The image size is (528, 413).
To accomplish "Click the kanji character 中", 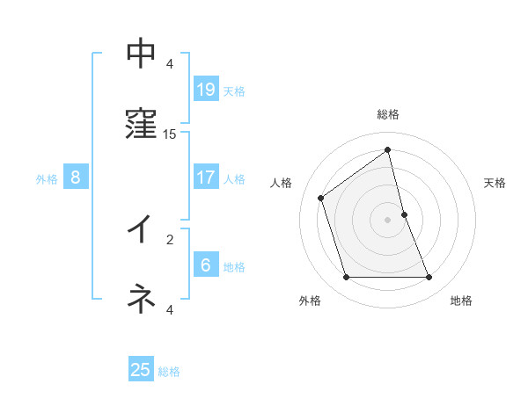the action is coord(141,54).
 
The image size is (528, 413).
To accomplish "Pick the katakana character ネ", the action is coord(141,299).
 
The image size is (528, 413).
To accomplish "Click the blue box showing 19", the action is coord(206,89).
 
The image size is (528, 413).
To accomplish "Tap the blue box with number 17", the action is coord(206,178).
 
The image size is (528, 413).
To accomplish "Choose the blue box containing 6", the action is coord(206,264).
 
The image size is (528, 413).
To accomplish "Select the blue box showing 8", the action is coord(76,178).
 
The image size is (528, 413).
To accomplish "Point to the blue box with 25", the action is coord(141,370).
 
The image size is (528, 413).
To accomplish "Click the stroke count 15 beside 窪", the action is coord(170,134).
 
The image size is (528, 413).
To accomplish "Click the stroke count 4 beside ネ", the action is coord(170,309).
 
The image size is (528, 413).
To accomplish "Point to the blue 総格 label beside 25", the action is coord(169,372).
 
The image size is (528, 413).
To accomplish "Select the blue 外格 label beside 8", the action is coord(47,179).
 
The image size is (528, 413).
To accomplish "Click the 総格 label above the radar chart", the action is coord(388,114).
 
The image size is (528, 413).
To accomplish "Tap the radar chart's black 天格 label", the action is coord(495,183).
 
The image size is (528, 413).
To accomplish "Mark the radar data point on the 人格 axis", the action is coord(321,198).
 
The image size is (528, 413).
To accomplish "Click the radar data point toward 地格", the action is coord(429,278).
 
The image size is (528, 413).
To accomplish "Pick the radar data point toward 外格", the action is coord(346,278).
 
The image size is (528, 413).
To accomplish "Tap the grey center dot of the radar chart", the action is coord(388,219).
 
